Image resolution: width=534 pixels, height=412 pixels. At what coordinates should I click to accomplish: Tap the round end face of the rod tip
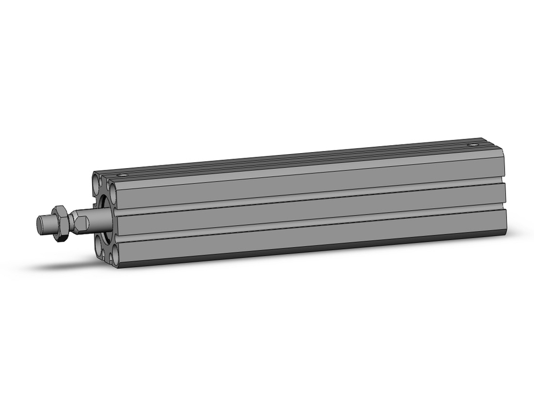click(40, 223)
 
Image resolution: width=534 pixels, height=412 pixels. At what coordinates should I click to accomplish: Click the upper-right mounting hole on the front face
click(113, 188)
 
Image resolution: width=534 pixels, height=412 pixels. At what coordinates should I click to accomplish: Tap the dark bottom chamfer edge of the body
click(310, 254)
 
